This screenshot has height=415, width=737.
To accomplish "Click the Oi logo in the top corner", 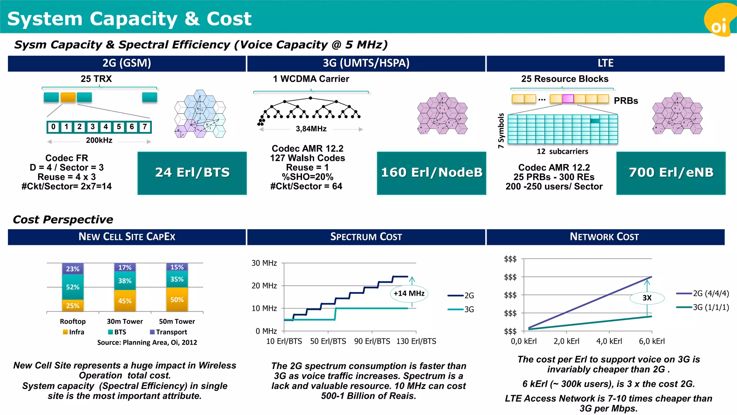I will click(719, 22).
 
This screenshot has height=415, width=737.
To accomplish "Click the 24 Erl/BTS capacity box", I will click(192, 173).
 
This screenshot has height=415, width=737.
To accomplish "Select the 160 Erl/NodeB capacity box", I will click(431, 173).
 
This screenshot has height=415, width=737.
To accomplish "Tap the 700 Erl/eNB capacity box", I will click(671, 173).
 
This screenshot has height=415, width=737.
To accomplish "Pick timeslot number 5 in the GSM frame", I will click(119, 127).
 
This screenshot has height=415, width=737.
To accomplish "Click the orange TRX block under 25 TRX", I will click(68, 97).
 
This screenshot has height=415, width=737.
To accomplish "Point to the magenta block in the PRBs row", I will click(568, 98).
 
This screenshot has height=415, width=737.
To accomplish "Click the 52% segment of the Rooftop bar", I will click(73, 287).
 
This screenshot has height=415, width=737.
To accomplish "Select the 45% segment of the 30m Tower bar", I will click(125, 301).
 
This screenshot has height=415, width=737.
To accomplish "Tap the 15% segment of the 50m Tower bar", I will click(177, 267).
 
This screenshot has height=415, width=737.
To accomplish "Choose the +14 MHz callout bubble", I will click(409, 294).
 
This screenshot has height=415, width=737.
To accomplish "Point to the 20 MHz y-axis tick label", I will click(264, 286).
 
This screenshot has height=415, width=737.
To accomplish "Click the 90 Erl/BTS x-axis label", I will click(372, 341).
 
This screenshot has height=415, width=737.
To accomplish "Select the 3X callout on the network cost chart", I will click(647, 298).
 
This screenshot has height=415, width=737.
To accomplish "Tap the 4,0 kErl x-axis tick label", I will click(609, 341).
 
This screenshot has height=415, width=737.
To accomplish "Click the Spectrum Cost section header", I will click(366, 237).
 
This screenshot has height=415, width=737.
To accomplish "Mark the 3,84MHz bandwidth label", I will click(311, 129).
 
